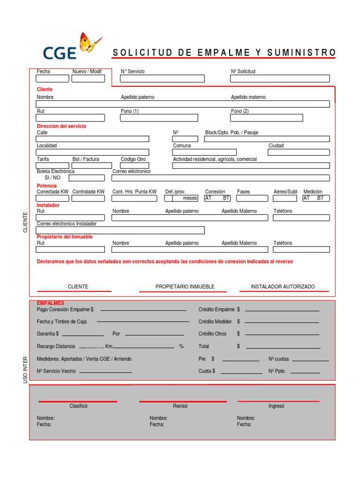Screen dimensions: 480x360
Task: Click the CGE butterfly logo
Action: tap(71, 47)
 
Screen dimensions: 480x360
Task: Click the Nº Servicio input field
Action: tap(162, 79)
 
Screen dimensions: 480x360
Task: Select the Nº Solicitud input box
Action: tap(279, 79)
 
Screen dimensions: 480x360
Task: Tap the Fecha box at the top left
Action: tap(52, 79)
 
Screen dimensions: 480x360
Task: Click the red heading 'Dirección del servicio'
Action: tap(61, 126)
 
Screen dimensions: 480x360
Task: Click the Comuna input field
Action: tap(204, 152)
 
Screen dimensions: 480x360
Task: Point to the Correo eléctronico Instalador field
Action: tap(120, 230)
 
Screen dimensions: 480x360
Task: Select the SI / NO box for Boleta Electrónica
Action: tap(87, 178)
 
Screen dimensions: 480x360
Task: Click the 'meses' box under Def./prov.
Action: tap(181, 198)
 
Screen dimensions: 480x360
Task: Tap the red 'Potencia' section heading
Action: tap(46, 186)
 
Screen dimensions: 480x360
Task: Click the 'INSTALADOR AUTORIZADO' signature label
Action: tap(283, 286)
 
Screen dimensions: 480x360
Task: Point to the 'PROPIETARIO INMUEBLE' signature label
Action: tap(185, 286)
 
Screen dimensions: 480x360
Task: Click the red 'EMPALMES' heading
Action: tap(50, 303)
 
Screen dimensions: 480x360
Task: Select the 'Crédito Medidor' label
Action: tap(215, 322)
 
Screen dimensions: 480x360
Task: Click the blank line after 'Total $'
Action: tap(283, 348)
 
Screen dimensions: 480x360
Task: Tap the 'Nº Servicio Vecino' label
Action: tap(56, 371)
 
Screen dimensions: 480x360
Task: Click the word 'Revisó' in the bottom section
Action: tap(180, 406)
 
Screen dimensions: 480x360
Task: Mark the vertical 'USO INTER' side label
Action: tap(26, 370)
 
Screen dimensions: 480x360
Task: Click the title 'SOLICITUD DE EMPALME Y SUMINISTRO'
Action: tap(224, 52)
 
